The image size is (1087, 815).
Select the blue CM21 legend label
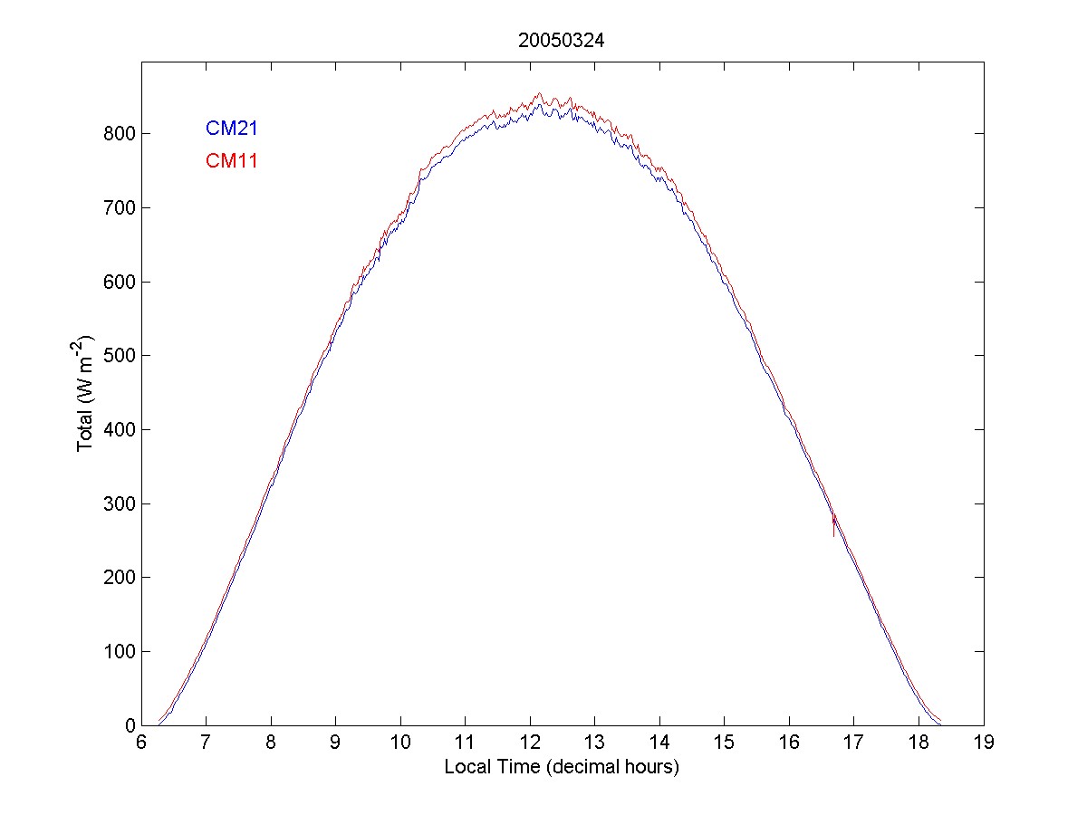(x=232, y=129)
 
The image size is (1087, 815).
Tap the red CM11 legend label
(x=232, y=161)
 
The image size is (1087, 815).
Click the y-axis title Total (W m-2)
(x=85, y=393)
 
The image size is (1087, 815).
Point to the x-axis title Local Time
(x=562, y=767)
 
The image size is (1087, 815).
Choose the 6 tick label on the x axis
(x=141, y=743)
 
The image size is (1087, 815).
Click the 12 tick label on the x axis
(x=530, y=743)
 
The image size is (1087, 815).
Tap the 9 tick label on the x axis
(x=335, y=743)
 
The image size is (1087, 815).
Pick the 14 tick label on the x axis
(x=659, y=743)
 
